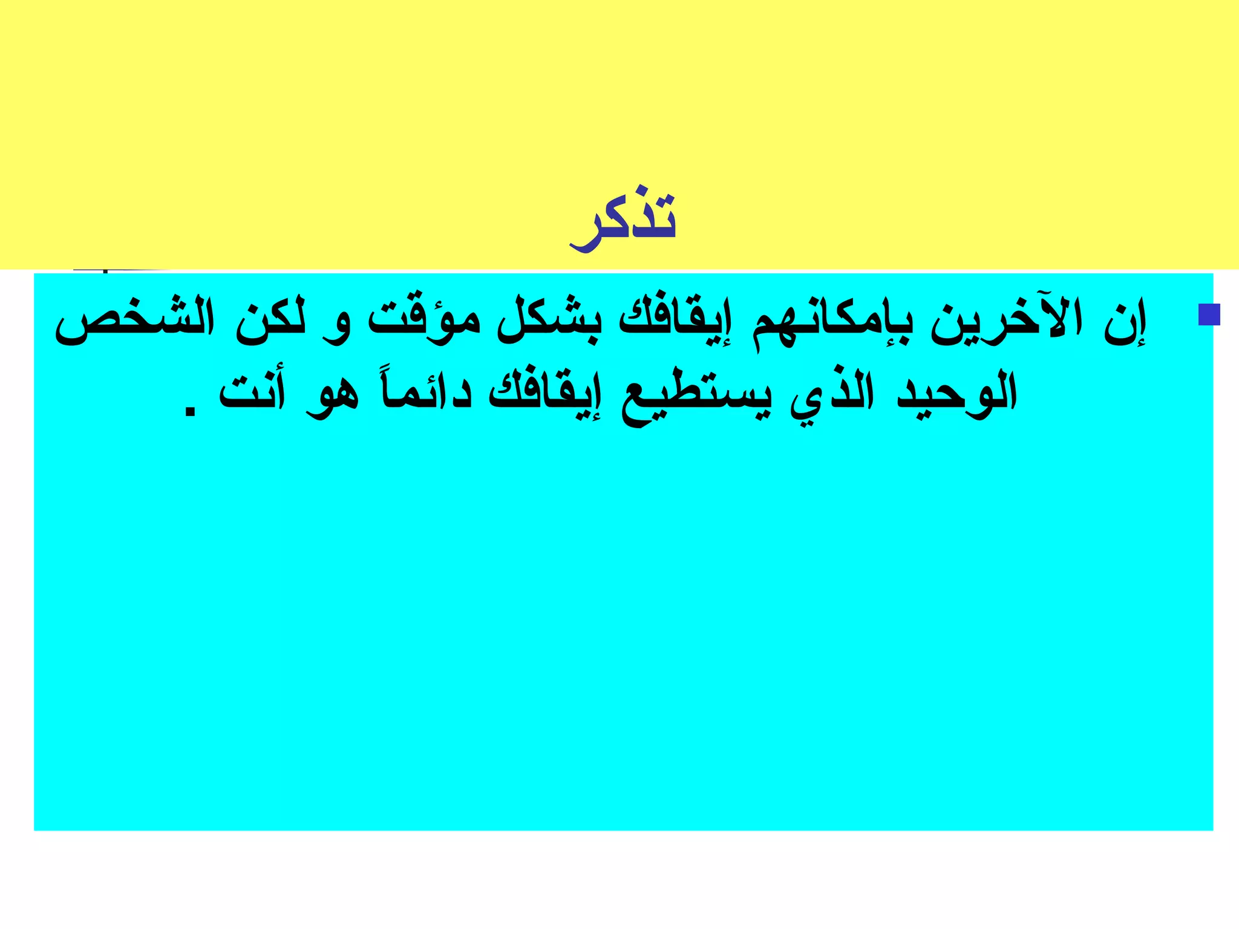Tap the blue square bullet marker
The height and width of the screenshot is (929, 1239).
pos(1209,315)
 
